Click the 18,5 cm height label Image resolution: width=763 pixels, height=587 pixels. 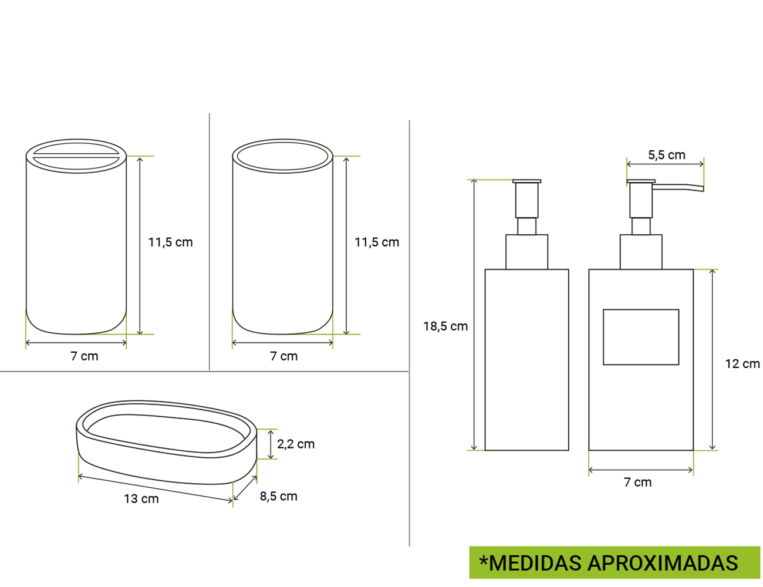(x=445, y=326)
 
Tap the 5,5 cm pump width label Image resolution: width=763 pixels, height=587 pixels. (x=666, y=155)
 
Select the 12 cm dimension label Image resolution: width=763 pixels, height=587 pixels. (x=742, y=364)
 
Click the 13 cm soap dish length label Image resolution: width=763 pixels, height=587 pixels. (x=141, y=499)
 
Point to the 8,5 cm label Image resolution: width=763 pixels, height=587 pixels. (x=278, y=497)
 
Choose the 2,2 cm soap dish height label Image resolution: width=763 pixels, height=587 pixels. (x=296, y=444)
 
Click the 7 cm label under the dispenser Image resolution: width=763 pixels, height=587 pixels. (x=637, y=483)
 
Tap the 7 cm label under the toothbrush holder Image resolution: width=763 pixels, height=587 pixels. (x=85, y=356)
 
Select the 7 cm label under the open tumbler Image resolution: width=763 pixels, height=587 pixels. (x=283, y=356)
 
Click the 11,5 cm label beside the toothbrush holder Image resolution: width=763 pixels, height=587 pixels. (x=170, y=242)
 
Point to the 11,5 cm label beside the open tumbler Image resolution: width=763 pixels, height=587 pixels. (x=377, y=242)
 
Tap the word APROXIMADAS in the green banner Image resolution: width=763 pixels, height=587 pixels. (x=663, y=563)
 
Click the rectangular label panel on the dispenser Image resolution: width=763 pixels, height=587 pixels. (x=641, y=337)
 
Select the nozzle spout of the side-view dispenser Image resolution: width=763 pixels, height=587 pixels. (x=681, y=188)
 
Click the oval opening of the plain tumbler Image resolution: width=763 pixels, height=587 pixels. (x=283, y=156)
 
